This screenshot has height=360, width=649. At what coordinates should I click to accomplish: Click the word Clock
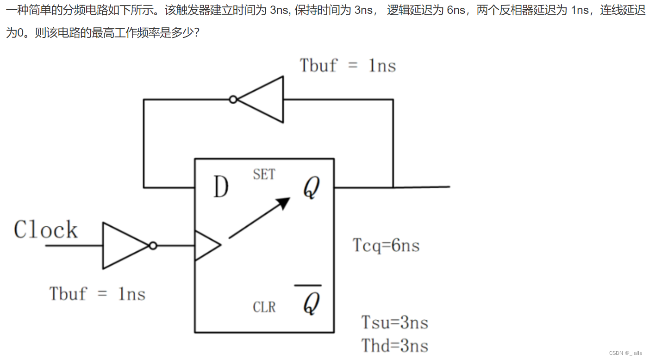coord(46,230)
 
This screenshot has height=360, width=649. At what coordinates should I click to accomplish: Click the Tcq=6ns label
coord(386,245)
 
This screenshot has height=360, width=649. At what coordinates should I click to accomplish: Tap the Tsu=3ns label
coord(394,322)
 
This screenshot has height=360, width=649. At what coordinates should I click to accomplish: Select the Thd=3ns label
coord(394,345)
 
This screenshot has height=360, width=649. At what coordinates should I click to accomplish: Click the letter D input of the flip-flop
coord(221,187)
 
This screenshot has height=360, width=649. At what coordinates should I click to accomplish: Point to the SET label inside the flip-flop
coord(264,174)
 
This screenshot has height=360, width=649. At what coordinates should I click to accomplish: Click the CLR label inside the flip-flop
coord(264,307)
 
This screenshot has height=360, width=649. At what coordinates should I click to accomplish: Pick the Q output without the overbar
coord(311,188)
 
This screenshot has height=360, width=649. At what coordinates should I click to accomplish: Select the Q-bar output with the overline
coord(311,303)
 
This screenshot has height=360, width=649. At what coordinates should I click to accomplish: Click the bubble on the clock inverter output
coord(153,246)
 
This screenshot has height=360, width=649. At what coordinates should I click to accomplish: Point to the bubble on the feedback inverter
coord(233,99)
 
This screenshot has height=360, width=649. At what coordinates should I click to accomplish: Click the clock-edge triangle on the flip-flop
coord(206,245)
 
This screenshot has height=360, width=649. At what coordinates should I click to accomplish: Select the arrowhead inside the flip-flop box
coord(283,202)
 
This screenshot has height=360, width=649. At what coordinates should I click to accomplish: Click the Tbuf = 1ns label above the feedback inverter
coord(348,65)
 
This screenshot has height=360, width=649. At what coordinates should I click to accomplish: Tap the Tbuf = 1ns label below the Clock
coord(97,294)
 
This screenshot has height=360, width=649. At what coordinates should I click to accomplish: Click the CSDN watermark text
coord(625,353)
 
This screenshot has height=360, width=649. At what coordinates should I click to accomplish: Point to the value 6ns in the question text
coord(456,10)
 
